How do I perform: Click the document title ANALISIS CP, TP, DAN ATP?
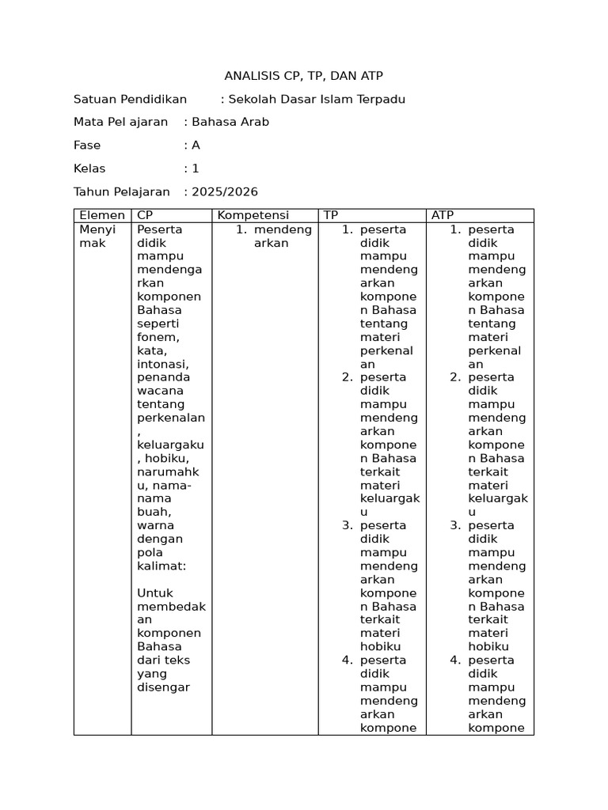[x=304, y=76]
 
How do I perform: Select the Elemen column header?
[x=102, y=215]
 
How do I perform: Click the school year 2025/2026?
[x=225, y=192]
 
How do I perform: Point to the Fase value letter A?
[x=196, y=146]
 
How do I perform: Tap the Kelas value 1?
[x=196, y=168]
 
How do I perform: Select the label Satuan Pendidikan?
[x=130, y=99]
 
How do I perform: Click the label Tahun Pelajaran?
[x=122, y=192]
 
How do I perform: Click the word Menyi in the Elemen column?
[x=97, y=229]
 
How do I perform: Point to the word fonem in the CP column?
[x=158, y=337]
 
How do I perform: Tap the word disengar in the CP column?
[x=163, y=687]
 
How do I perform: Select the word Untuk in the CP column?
[x=154, y=593]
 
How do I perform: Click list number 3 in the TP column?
[x=348, y=525]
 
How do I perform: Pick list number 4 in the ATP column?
[x=455, y=660]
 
